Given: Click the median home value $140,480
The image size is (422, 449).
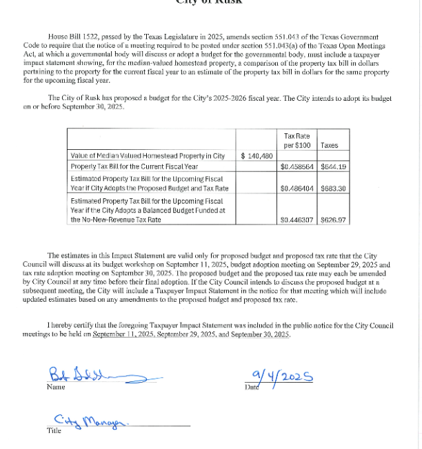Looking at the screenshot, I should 257,156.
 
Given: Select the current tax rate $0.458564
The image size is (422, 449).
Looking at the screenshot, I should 297,166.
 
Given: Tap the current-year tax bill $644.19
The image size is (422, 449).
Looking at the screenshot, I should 333,166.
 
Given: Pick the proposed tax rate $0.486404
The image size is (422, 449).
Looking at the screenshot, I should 297,189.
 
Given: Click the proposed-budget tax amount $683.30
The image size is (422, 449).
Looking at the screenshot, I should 333,189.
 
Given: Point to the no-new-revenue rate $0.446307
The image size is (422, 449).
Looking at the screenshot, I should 297,220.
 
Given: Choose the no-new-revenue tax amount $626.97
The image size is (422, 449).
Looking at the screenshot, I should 333,220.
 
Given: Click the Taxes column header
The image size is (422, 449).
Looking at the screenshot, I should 330,146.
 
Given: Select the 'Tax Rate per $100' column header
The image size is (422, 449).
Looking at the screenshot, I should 297,141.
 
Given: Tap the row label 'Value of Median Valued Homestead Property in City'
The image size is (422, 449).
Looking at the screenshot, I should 148,156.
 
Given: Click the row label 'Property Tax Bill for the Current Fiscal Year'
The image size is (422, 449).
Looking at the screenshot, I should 134,166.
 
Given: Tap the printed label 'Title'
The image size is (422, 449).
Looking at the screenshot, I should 54,431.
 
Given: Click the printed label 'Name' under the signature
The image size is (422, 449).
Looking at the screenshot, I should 55,387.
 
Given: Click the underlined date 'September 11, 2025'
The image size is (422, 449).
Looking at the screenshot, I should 123,334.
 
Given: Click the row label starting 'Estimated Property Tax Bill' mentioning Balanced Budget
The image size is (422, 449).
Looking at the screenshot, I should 146,209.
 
